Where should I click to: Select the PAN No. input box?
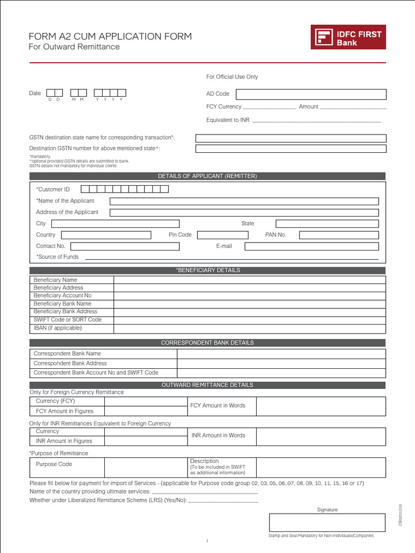(x=339, y=235)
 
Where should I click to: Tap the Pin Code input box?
(x=222, y=235)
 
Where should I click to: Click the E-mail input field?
(x=311, y=246)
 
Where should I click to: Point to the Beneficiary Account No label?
(x=63, y=295)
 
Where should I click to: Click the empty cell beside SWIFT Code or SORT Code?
(x=250, y=320)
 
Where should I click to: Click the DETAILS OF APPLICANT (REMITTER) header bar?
(x=207, y=176)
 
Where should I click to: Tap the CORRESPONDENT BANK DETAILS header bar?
(x=207, y=343)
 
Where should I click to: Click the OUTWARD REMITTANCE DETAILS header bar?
(x=207, y=385)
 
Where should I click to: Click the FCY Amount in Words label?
(x=222, y=406)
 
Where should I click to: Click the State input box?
(x=327, y=224)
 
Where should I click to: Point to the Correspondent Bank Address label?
(x=70, y=363)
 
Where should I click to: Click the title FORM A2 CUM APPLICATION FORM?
(x=110, y=37)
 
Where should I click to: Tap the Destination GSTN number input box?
(x=291, y=149)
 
